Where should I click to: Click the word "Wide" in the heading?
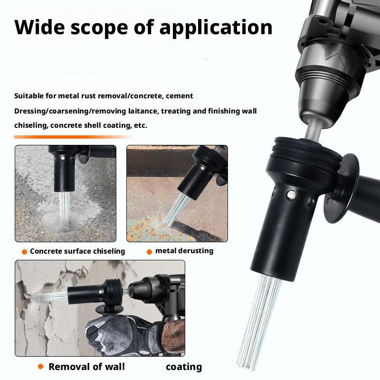tap(40, 27)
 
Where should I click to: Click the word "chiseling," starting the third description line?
tap(31, 125)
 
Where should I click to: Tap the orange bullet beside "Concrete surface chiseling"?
tap(24, 252)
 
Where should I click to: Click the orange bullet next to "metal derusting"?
tap(149, 252)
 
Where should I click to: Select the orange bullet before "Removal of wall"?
tap(41, 366)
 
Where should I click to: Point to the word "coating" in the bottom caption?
tap(184, 367)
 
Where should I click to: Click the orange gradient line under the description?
tap(73, 137)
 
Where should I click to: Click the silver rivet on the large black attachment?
tap(291, 194)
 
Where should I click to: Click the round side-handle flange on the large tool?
tap(341, 189)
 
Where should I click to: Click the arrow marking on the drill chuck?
tap(334, 58)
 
